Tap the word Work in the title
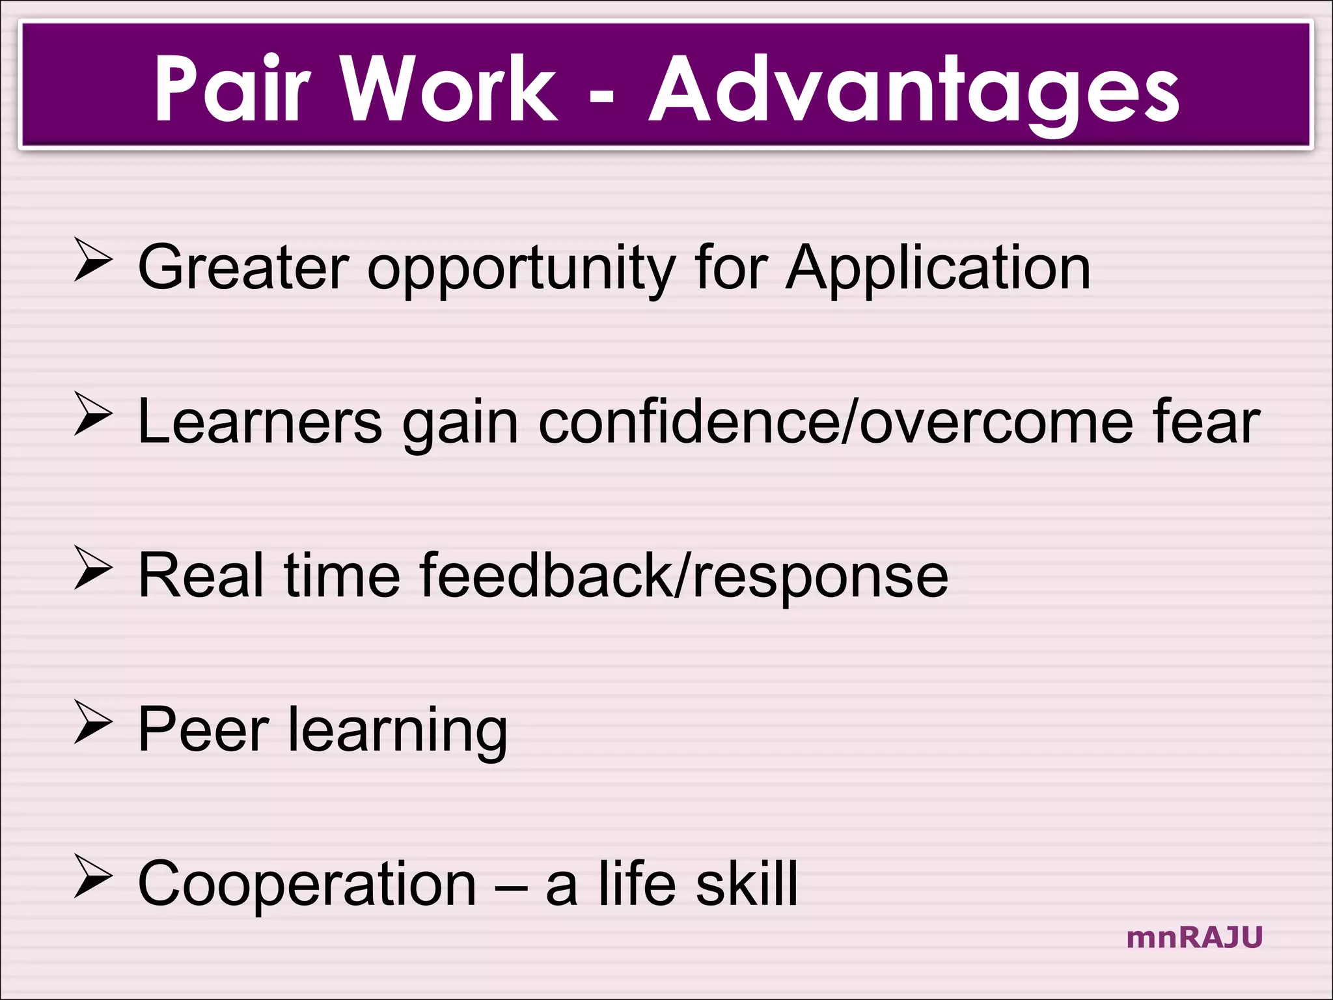pyautogui.click(x=448, y=88)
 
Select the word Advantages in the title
pyautogui.click(x=914, y=91)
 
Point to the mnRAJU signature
pyautogui.click(x=1194, y=937)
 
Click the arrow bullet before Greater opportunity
pyautogui.click(x=92, y=260)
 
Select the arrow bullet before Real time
pyautogui.click(x=92, y=568)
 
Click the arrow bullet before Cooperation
pyautogui.click(x=92, y=876)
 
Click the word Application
pyautogui.click(x=938, y=269)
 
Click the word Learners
pyautogui.click(x=260, y=422)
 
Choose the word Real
pyautogui.click(x=201, y=576)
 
